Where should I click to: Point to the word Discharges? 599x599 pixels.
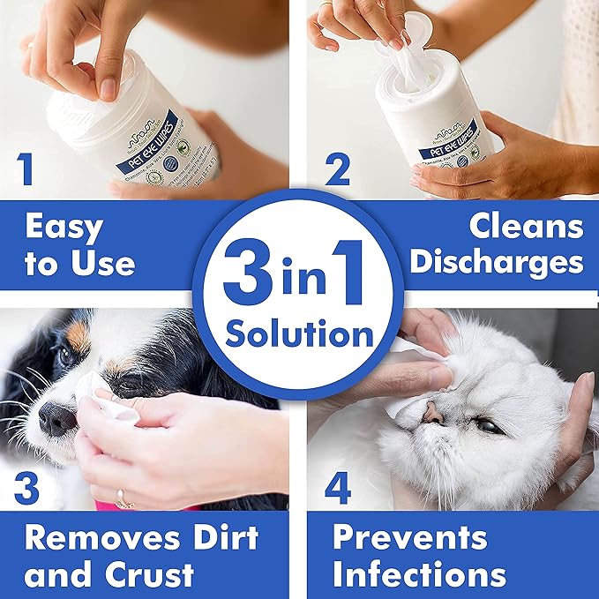pyautogui.click(x=499, y=262)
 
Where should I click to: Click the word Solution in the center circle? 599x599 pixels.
pyautogui.click(x=299, y=334)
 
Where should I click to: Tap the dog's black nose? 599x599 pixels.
pyautogui.click(x=56, y=417)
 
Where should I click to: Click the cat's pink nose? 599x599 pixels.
pyautogui.click(x=432, y=411)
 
